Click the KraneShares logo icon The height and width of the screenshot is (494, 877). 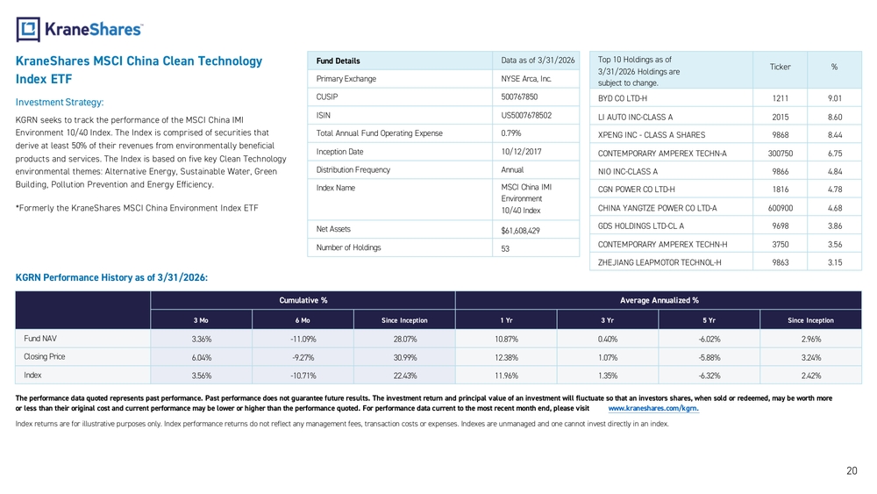click(28, 30)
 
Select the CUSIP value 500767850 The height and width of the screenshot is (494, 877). click(519, 97)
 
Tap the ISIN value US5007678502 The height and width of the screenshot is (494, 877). click(525, 115)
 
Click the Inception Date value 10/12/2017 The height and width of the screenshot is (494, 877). click(521, 152)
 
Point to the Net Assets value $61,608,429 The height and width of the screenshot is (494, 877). click(520, 231)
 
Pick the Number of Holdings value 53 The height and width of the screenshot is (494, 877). click(505, 248)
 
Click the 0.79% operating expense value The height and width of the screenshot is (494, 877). click(510, 133)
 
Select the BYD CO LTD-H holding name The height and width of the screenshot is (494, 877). click(622, 98)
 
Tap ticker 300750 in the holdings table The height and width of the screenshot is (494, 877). click(781, 154)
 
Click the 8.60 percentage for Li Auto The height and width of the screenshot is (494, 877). click(835, 117)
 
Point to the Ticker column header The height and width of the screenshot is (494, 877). click(780, 68)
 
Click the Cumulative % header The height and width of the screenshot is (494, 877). click(303, 300)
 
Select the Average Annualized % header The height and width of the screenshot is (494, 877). click(659, 300)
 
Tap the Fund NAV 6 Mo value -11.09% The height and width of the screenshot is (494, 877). click(303, 339)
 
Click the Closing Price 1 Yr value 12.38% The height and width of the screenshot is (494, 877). click(506, 357)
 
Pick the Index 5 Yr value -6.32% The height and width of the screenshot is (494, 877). click(709, 376)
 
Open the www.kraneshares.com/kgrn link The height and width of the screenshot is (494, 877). click(653, 408)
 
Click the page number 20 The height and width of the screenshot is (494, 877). click(852, 471)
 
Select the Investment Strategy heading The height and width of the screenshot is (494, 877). click(60, 103)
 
